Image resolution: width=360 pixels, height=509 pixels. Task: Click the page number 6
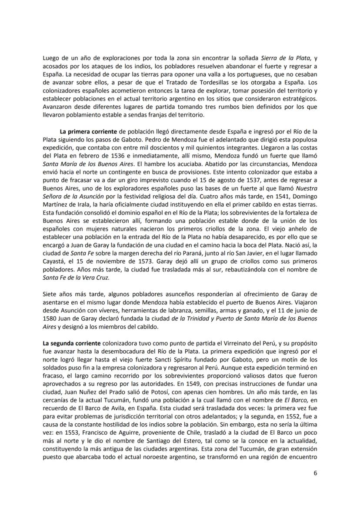[315, 473]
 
